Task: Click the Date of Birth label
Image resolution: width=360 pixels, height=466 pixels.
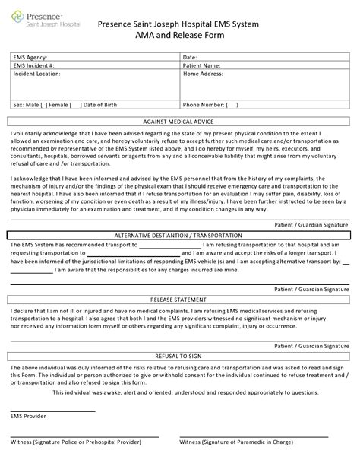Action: pos(100,104)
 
